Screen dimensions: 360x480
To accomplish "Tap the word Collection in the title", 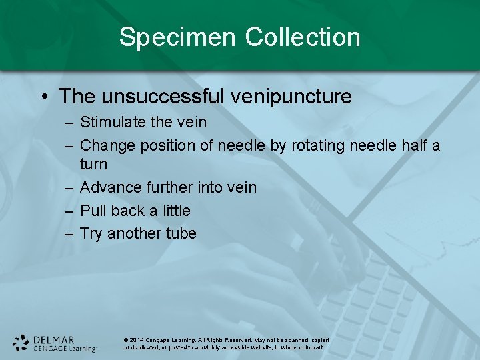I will [303, 37].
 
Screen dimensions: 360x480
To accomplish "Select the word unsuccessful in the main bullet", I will [162, 96].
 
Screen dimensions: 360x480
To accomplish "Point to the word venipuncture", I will [291, 96].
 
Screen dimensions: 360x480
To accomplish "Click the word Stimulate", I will [110, 122].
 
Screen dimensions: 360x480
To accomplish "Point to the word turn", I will [93, 164].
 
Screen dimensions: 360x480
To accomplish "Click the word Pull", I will [93, 211].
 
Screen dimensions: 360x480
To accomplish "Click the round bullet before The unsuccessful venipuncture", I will [43, 97].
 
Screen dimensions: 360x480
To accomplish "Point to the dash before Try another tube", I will [69, 233].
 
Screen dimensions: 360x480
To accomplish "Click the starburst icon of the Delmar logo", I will [21, 343].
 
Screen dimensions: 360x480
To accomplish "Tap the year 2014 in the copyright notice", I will [136, 340].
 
